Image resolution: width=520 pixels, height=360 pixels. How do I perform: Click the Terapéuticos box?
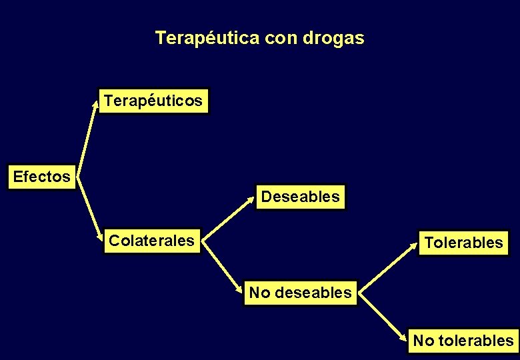[x=153, y=101]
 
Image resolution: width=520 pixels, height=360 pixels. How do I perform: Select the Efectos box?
[x=41, y=177]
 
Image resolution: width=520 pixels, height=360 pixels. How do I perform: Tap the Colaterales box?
[x=151, y=241]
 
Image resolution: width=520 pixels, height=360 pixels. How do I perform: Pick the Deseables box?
[x=301, y=197]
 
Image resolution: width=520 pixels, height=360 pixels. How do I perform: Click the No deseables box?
[x=300, y=293]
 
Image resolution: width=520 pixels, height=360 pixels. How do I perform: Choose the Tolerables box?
[x=463, y=243]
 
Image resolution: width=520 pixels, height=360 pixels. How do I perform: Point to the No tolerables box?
[x=463, y=341]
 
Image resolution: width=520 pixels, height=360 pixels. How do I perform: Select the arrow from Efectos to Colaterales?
[x=90, y=206]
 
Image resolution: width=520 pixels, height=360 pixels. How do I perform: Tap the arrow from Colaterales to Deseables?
[x=229, y=217]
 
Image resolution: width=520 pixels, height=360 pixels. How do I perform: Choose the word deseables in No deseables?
[x=312, y=293]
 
